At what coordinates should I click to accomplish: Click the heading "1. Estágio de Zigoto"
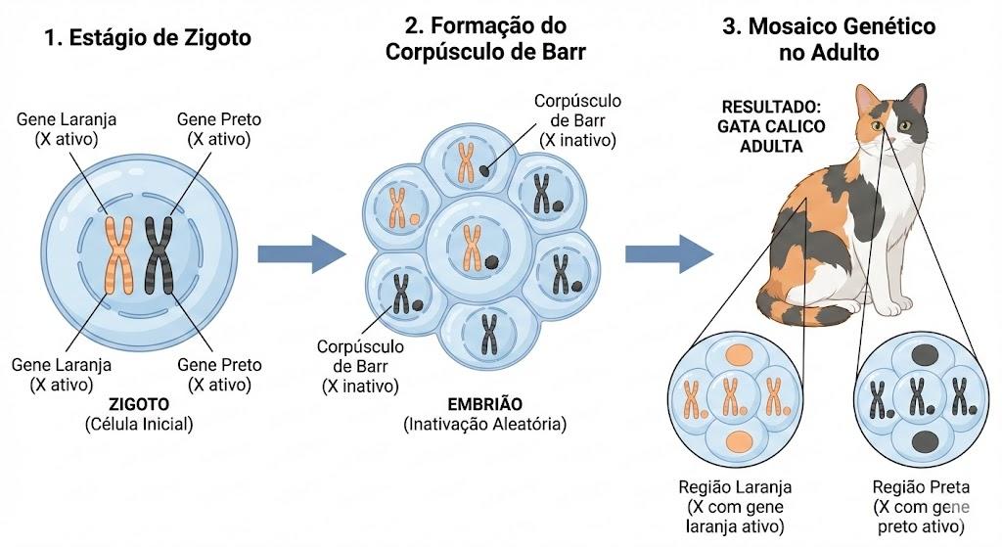coord(148,38)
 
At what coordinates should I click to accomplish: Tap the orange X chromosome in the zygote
coord(118,255)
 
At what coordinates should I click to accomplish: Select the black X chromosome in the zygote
coord(159,255)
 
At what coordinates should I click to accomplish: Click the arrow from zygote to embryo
coord(301,254)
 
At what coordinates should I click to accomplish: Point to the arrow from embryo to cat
coord(669,254)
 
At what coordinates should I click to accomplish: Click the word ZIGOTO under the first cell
coord(139,404)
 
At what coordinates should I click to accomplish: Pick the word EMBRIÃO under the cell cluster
coord(485,404)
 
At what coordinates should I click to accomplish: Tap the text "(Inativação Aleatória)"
coord(485,424)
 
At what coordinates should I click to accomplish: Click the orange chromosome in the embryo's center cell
coord(473,247)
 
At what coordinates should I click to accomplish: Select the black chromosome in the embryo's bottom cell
coord(489,335)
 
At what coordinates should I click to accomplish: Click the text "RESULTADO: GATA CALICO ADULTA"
coord(771,126)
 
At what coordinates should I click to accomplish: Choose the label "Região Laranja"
coord(735,487)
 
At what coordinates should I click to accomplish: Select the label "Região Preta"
coord(921,487)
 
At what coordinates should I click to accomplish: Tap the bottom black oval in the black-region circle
coord(925,440)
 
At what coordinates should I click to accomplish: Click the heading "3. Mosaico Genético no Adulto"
coord(829,39)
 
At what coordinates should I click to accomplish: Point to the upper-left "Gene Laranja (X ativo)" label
coord(67,129)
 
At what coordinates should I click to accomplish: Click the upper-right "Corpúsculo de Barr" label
coord(577,120)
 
